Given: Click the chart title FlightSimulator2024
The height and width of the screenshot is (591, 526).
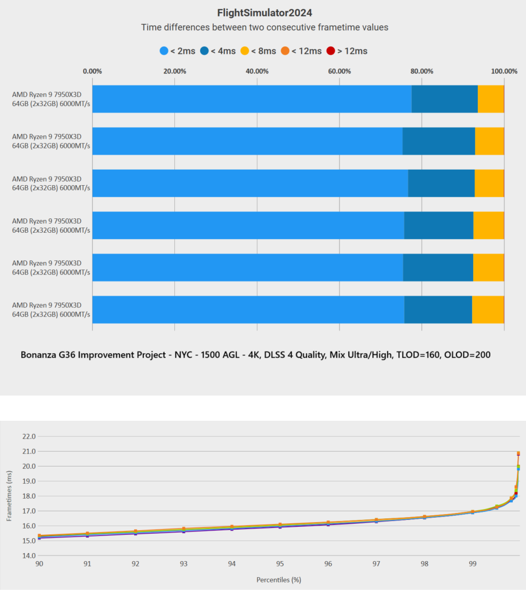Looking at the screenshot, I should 265,12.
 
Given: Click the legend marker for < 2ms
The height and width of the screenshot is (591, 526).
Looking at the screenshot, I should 163,51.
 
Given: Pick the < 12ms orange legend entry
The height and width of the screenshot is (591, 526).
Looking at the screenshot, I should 301,51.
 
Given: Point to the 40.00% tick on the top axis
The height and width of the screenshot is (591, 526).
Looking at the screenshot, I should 257,71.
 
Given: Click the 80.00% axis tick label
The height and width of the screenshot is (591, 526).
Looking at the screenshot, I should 422,71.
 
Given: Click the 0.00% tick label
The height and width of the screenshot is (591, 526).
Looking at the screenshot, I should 92,71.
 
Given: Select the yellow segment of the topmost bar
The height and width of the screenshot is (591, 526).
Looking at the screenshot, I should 490,99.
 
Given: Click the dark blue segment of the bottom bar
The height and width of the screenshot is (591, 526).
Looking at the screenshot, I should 438,310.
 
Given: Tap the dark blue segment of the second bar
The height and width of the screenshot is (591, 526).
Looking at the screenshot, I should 439,141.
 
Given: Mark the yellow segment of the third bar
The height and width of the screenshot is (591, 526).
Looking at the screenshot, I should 489,183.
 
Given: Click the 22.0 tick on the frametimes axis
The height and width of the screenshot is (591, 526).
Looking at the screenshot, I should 28,436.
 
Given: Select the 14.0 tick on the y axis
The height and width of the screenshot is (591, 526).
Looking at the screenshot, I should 28,555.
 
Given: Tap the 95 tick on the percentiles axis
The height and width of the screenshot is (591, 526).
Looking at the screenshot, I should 279,565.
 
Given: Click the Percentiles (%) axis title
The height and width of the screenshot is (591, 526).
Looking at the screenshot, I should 279,580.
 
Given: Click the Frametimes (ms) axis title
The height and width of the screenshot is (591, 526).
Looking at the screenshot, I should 10,496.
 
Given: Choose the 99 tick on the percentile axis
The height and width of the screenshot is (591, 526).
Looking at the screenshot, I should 472,565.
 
